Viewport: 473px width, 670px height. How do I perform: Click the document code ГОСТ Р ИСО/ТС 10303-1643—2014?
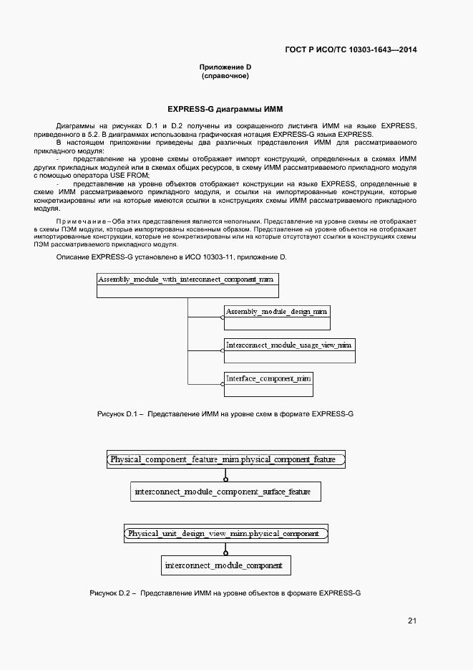[351, 50]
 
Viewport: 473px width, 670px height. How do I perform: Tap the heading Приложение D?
[225, 67]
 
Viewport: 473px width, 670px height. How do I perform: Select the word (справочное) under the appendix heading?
[225, 76]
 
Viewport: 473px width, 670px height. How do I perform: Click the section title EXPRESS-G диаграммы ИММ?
[225, 110]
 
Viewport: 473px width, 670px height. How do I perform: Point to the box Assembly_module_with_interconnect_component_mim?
[187, 285]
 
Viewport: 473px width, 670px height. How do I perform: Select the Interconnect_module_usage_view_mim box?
[289, 350]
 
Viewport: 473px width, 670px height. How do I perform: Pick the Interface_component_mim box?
[268, 383]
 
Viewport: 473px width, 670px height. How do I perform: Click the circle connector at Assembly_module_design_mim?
[222, 318]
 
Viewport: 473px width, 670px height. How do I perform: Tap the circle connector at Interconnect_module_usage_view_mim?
[222, 351]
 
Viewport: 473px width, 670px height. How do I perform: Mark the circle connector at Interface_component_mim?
[222, 384]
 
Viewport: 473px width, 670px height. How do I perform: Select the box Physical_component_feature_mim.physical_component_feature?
[226, 459]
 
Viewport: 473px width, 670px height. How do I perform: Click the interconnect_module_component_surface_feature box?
[226, 492]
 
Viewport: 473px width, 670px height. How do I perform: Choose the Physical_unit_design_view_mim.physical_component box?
[226, 534]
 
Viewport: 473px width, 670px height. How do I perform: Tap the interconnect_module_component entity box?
[226, 566]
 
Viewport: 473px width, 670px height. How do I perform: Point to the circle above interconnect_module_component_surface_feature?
[225, 479]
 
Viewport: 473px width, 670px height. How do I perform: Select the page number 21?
[412, 621]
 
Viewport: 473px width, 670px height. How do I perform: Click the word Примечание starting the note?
[77, 221]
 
